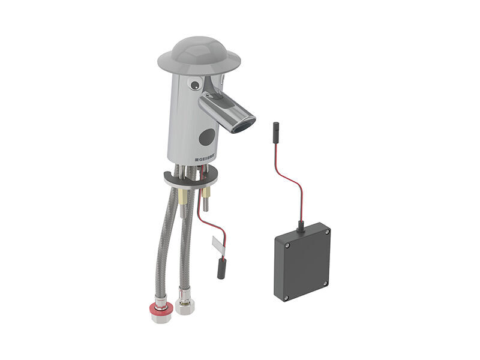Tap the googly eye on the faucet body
coord(194,84)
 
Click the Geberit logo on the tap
coord(206,159)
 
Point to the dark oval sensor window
coord(207,137)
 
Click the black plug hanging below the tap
coord(221,269)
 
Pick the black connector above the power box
coord(275,132)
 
